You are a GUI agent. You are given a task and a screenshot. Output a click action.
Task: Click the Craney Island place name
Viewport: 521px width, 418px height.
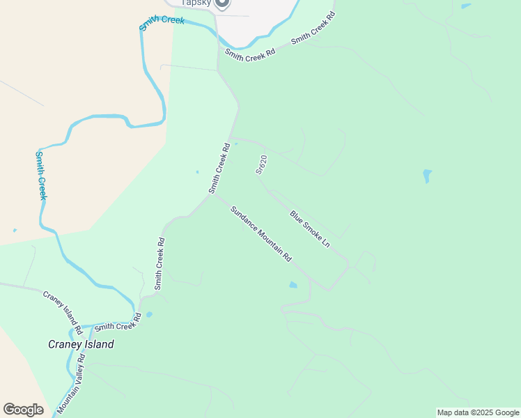click(x=81, y=344)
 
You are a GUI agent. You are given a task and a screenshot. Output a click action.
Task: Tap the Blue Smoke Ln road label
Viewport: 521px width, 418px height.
click(x=309, y=230)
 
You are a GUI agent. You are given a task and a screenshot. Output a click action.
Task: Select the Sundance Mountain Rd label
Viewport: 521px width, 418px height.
click(x=260, y=233)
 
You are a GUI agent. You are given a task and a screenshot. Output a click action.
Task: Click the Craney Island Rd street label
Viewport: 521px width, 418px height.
click(x=63, y=310)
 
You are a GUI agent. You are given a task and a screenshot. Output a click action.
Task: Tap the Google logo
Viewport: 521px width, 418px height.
click(x=23, y=410)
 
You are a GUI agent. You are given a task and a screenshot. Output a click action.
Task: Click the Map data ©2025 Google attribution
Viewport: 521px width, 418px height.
click(x=478, y=412)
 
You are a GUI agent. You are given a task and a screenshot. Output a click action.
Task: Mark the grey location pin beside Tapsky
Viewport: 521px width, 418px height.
click(x=221, y=3)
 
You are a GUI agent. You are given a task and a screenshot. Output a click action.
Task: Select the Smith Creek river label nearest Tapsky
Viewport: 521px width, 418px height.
click(x=162, y=20)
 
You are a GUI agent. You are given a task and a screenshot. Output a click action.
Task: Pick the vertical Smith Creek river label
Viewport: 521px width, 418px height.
click(x=41, y=175)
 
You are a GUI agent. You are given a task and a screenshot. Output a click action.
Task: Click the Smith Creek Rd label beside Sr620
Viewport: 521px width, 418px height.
click(x=219, y=169)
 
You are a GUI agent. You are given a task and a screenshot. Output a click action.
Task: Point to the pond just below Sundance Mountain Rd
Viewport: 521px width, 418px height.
click(x=293, y=284)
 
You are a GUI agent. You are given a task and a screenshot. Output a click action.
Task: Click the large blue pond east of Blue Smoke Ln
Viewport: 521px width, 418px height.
click(x=427, y=176)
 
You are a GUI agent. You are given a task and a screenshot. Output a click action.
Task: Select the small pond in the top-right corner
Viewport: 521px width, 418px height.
click(x=465, y=6)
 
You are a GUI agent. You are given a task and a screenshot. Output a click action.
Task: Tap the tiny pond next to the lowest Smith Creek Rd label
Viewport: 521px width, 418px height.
click(x=149, y=314)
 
